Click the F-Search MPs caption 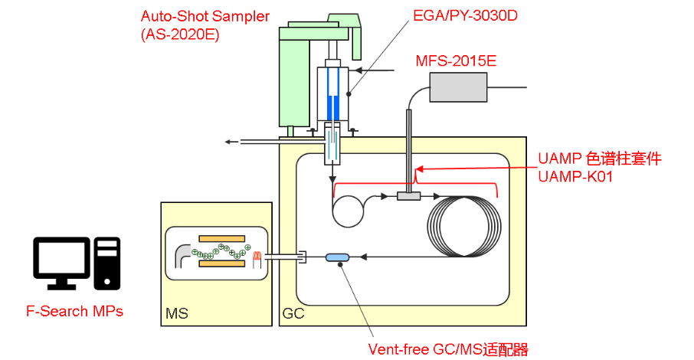(x=75, y=312)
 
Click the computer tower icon (x=106, y=263)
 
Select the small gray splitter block (x=410, y=198)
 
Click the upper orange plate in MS (x=221, y=237)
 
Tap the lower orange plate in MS (x=221, y=264)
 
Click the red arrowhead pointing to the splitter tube (x=419, y=169)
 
